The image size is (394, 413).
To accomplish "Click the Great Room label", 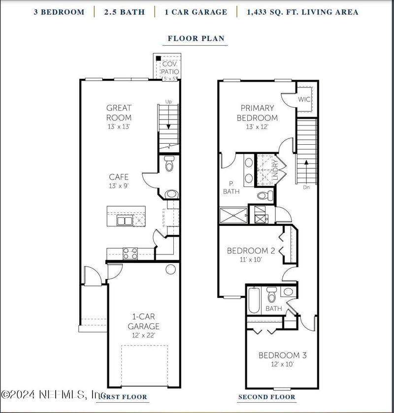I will coord(119,113).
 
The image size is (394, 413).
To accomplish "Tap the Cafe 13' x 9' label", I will coord(119,181).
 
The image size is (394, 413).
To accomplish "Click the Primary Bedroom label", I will coord(257,113).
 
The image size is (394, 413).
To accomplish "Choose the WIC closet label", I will coord(304,99).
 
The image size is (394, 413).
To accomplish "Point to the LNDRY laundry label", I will coord(276,169).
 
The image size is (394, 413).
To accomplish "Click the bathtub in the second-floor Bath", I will coord(254,301).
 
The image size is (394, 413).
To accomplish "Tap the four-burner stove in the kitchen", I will coord(130,254).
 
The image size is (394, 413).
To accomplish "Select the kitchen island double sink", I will coord(125,220).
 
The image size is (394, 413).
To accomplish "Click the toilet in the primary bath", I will coord(264,195).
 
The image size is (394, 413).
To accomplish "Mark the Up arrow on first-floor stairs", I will coord(168,102).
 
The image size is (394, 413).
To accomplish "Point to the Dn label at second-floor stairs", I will coord(306,187).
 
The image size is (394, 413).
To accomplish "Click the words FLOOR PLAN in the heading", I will coord(197,38).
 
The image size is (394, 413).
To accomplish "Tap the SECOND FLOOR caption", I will coord(267,397).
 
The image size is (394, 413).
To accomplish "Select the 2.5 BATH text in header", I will coord(124,12).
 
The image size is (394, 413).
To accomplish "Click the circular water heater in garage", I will coord(170,269).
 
